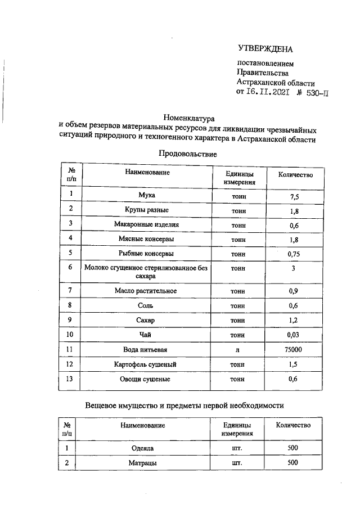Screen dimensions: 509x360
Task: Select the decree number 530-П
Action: point(313,93)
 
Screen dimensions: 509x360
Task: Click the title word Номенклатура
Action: point(186,118)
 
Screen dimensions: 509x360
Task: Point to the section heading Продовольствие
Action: point(187,153)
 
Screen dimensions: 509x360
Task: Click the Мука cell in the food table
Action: point(146,195)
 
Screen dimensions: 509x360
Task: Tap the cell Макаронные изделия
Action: point(146,224)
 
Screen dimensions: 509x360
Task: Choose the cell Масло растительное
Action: point(146,291)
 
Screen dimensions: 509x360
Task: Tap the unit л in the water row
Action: point(238,350)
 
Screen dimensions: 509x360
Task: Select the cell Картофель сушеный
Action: point(146,364)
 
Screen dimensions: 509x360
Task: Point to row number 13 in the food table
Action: point(71,379)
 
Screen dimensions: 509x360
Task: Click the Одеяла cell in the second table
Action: point(142,448)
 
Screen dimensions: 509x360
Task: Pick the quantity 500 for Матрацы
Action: point(292,463)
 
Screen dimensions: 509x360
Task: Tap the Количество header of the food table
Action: point(295,174)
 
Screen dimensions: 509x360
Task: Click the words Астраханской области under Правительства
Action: point(276,82)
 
